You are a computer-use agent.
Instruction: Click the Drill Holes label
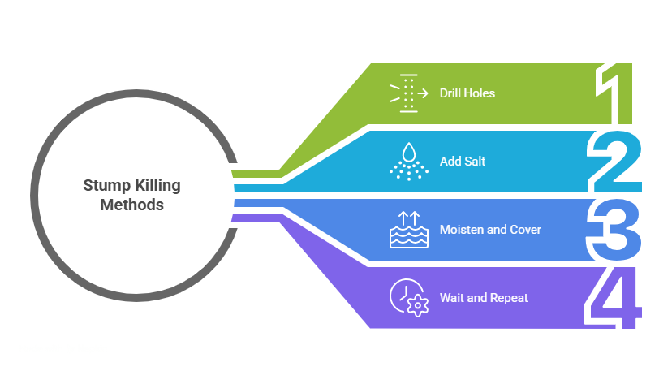467,93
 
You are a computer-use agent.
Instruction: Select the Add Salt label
462,162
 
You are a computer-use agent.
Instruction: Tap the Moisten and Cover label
489,230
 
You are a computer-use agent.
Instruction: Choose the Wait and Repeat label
483,298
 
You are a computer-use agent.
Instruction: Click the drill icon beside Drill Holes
408,93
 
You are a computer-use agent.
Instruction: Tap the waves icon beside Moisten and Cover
408,230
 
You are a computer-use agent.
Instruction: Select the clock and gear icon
408,298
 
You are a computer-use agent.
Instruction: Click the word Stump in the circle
103,186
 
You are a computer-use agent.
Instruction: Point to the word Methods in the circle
132,205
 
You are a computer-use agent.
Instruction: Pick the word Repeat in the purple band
509,298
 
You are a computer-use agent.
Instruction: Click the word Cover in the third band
525,230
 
